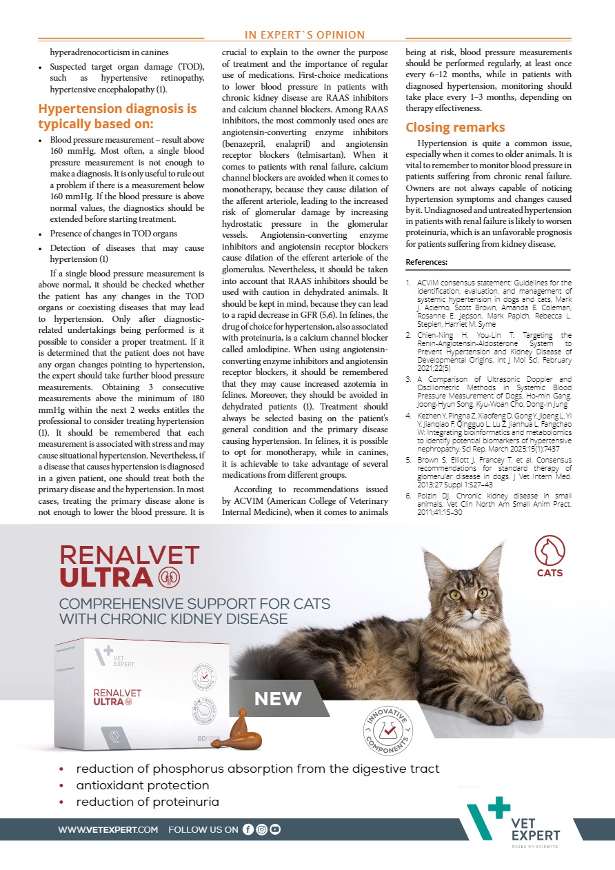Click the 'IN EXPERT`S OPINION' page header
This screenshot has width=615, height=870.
pos(305,35)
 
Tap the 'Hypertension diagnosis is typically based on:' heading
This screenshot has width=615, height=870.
pos(117,116)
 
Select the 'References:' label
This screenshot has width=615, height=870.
pos(426,262)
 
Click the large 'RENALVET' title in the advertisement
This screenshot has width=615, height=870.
pos(130,555)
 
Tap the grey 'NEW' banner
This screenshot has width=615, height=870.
pos(278,699)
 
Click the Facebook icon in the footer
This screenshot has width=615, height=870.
pos(248,829)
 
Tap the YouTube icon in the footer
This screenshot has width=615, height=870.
pos(275,829)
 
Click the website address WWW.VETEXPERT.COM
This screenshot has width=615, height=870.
pos(108,830)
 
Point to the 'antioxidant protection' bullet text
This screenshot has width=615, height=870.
pos(143,785)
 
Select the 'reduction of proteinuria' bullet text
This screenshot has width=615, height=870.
pos(148,802)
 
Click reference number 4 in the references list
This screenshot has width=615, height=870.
pos(409,396)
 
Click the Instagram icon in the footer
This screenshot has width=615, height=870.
pos(261,829)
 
